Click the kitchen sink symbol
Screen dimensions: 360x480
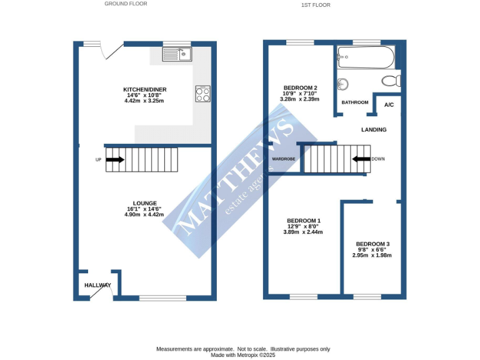point(177,54)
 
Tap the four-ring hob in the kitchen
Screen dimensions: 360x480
point(202,94)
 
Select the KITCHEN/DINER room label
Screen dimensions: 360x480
point(144,89)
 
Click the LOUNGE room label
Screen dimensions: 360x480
point(144,203)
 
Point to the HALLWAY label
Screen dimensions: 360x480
point(97,285)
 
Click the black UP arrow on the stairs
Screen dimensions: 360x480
point(115,159)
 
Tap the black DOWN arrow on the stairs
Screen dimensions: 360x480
point(361,159)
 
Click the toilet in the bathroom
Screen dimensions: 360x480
point(391,80)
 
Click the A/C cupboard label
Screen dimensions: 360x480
point(389,104)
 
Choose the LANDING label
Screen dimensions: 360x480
point(374,129)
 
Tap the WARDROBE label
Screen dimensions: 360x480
point(283,159)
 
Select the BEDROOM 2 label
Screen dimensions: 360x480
point(301,87)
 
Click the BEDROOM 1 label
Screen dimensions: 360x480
point(303,221)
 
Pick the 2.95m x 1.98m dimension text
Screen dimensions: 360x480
point(372,255)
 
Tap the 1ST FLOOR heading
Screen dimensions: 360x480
point(316,5)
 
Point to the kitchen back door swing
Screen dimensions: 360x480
point(112,51)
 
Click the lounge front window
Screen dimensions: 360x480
point(162,298)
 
